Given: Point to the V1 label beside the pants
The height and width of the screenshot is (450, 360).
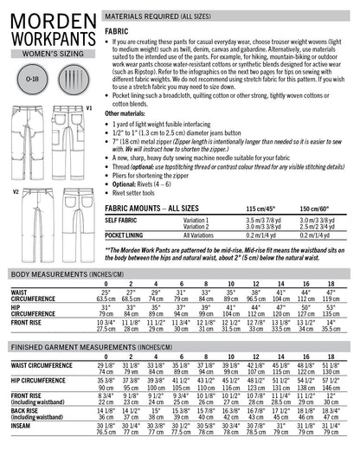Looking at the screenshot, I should click(89, 107).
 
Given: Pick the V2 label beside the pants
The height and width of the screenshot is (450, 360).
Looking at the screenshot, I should click(15, 190).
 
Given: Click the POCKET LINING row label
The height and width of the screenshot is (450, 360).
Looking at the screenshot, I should click(129, 234).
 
